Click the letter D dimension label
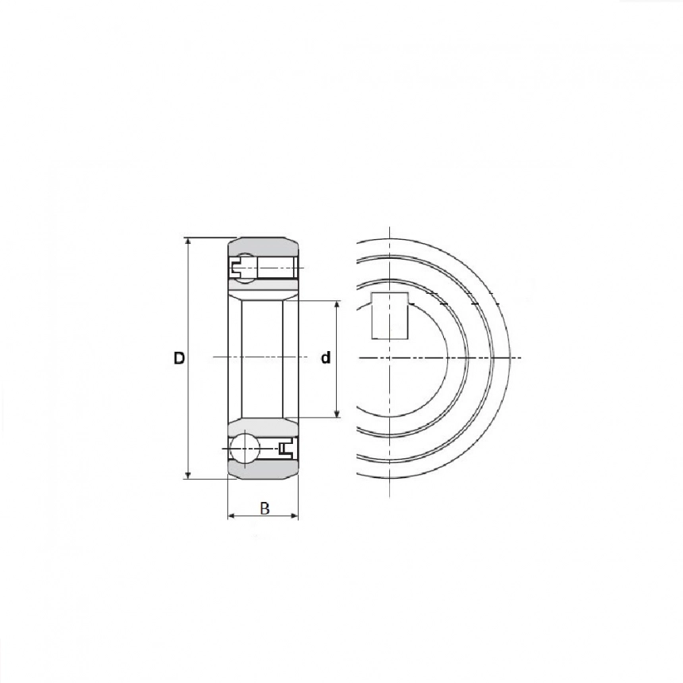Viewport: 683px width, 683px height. (179, 358)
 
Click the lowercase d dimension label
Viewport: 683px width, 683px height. (326, 358)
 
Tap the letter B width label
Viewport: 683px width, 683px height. (264, 508)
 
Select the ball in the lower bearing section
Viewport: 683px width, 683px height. (244, 447)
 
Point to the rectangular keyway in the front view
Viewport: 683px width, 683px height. (390, 315)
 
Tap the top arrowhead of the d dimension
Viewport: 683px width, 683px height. (337, 306)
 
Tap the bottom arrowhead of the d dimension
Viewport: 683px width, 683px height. (337, 413)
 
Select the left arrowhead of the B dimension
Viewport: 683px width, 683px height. (232, 516)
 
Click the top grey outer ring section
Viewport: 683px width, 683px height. (263, 245)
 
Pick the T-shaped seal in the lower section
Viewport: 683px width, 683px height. (285, 449)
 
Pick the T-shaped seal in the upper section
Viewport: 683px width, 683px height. (237, 268)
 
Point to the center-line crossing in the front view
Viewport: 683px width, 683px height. (390, 358)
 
